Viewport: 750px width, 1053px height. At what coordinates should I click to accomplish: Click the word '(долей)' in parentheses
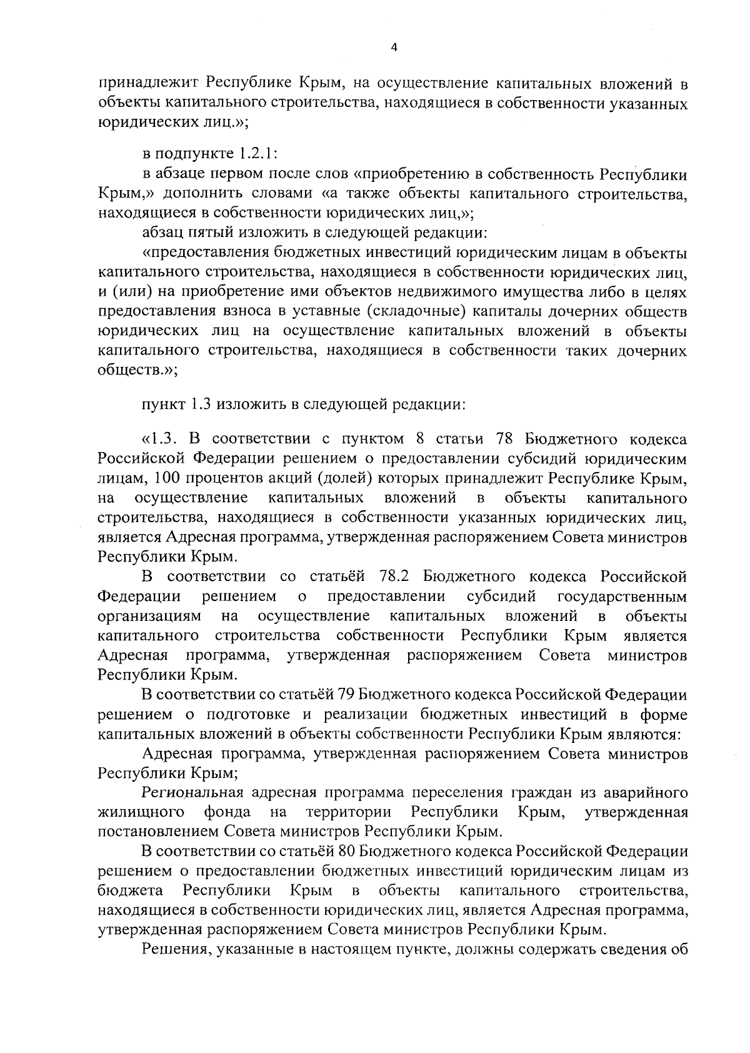click(x=351, y=478)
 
